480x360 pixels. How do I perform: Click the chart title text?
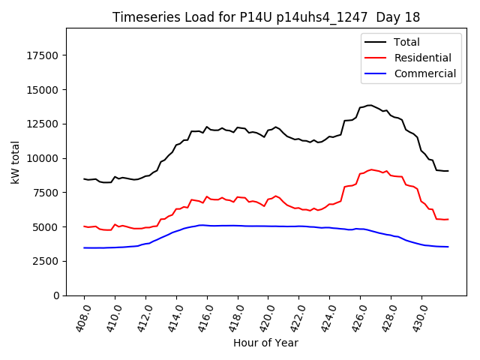coord(266,17)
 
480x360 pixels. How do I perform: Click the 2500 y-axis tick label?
coord(47,261)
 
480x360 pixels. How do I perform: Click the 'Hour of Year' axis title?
coord(265,343)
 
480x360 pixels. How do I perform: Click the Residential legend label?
coord(423,58)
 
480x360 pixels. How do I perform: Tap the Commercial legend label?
coord(425,73)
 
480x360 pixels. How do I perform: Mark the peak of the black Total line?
coord(369,105)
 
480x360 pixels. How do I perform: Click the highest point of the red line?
coord(372,169)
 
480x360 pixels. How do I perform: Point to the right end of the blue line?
coord(448,247)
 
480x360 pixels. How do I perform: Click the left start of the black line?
coord(84,178)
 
